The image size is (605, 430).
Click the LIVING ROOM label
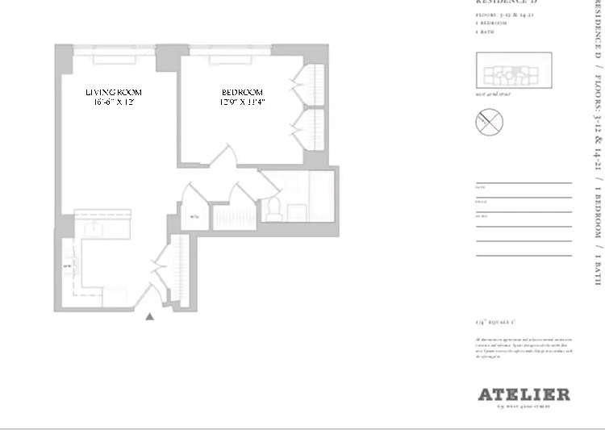click(118, 92)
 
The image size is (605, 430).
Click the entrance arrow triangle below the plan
click(149, 317)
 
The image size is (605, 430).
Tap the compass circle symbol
click(490, 123)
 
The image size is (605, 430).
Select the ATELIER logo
click(524, 395)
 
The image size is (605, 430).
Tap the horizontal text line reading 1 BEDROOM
click(490, 23)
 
